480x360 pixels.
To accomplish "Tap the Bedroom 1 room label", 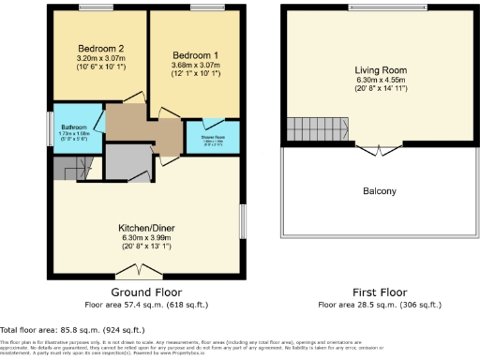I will tap(195, 54).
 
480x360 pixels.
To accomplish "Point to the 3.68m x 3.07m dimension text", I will tap(195, 65).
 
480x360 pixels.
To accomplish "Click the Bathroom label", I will tap(76, 127).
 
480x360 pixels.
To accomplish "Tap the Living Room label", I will tap(380, 70).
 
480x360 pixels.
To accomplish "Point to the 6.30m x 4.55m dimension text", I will tap(380, 81).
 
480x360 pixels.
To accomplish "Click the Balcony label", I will tap(380, 191).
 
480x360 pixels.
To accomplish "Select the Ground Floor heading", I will tap(146, 292).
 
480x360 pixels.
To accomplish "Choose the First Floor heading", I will tap(380, 292).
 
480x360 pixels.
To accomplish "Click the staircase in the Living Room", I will tap(308, 128).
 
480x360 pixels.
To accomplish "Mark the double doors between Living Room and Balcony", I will tap(380, 150).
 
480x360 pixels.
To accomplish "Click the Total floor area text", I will tap(73, 329).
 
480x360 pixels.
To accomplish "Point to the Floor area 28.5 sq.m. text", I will tap(380, 305).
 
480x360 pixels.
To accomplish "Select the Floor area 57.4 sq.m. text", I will tap(146, 305).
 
